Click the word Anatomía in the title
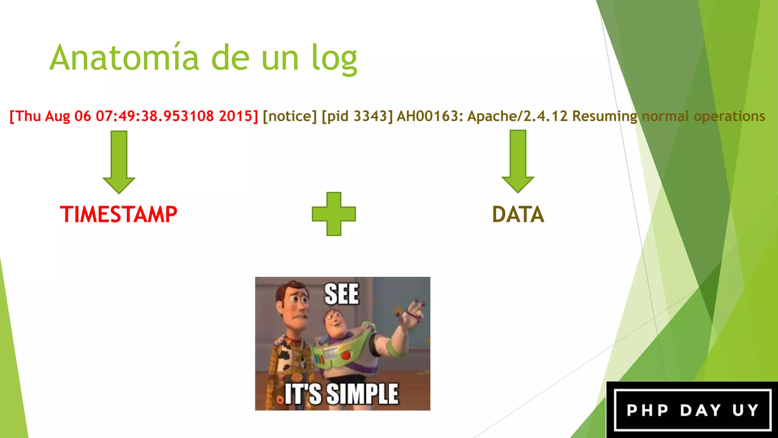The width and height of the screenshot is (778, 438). coord(124,58)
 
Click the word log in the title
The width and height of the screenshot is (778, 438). coord(334,59)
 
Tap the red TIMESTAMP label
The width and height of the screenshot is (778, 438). coord(119,214)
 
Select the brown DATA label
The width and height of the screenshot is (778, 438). coord(518,214)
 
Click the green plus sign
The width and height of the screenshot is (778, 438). coord(334,214)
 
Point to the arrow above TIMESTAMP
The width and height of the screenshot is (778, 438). coord(119,162)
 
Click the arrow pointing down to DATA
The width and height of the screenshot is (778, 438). coord(518,161)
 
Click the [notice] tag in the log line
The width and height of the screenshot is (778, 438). coord(289,116)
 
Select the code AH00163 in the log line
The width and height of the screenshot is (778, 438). coord(430,116)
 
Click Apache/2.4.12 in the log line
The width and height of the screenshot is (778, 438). coord(517,116)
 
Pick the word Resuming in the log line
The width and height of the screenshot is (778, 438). coord(604,116)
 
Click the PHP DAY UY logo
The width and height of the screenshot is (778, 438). coord(692,410)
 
